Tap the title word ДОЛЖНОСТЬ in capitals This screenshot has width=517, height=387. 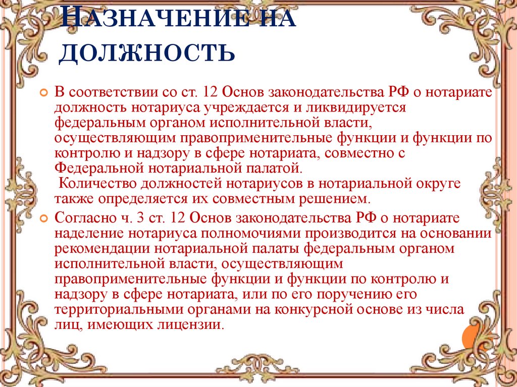(x=147, y=52)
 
